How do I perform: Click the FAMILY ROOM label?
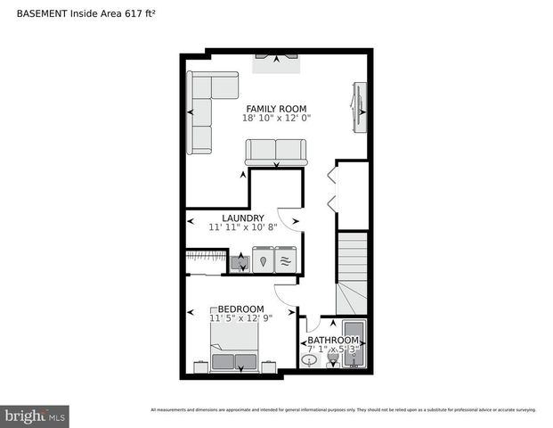pyautogui.click(x=276, y=109)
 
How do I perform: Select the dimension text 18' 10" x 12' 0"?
pyautogui.click(x=276, y=118)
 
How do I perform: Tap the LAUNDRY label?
pyautogui.click(x=242, y=218)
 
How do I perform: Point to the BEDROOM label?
pyautogui.click(x=240, y=309)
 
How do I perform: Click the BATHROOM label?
pyautogui.click(x=333, y=341)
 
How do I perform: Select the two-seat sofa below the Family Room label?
pyautogui.click(x=275, y=152)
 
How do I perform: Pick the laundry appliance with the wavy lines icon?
pyautogui.click(x=285, y=261)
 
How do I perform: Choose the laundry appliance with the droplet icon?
pyautogui.click(x=264, y=261)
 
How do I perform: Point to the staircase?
pyautogui.click(x=353, y=267)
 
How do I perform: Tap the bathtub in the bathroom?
pyautogui.click(x=354, y=344)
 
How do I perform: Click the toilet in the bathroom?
pyautogui.click(x=331, y=359)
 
